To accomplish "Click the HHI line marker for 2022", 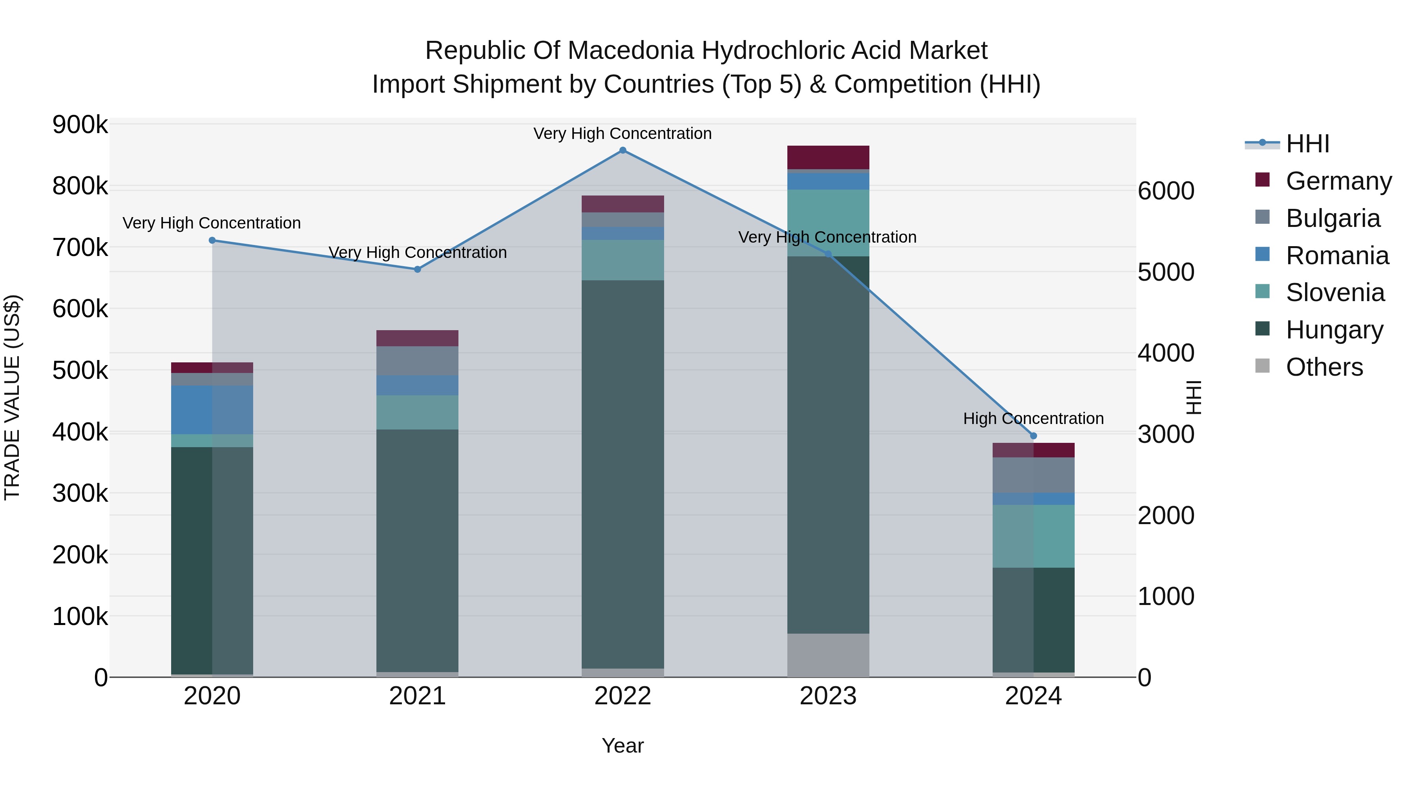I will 623,150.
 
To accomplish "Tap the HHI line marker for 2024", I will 1033,436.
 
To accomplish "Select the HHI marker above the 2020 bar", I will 212,240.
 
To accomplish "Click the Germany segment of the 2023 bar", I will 828,157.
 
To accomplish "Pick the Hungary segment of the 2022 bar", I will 623,475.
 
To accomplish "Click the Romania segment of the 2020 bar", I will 212,410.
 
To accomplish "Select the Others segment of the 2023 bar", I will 828,655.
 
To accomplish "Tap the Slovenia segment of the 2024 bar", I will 1033,536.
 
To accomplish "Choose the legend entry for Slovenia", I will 1334,292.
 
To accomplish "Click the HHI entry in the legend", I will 1307,144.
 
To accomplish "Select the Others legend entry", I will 1324,367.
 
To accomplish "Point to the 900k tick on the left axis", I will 80,125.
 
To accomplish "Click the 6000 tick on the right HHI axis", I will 1166,191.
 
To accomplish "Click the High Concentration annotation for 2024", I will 1033,419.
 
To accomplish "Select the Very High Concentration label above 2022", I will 623,133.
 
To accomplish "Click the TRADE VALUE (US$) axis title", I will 12,397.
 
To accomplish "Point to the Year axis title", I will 623,746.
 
